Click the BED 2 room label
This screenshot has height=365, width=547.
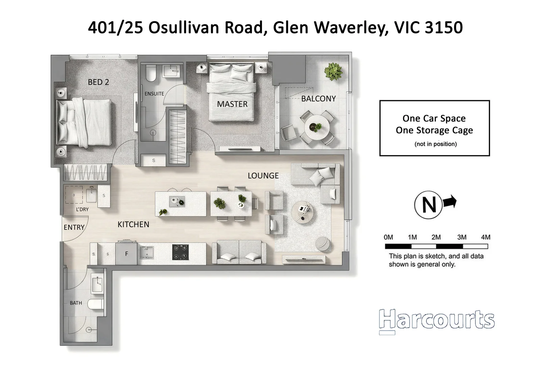[x=98, y=82]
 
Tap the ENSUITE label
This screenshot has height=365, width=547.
[x=154, y=94]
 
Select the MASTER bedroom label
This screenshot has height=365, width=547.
[x=232, y=104]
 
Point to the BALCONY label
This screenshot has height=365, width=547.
[x=318, y=99]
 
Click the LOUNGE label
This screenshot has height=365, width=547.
[x=263, y=176]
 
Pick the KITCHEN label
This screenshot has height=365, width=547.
[x=133, y=224]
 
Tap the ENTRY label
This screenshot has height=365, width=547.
[x=74, y=227]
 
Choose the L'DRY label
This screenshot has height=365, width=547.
[x=82, y=210]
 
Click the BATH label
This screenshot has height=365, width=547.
[x=76, y=303]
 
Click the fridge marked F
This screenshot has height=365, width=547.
[x=127, y=253]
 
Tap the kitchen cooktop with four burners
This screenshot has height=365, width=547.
[x=180, y=252]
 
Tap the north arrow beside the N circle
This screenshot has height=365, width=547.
[x=450, y=202]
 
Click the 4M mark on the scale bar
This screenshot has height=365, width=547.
[x=486, y=237]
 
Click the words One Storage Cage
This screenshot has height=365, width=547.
[x=434, y=130]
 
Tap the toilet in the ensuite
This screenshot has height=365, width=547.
[x=151, y=74]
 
